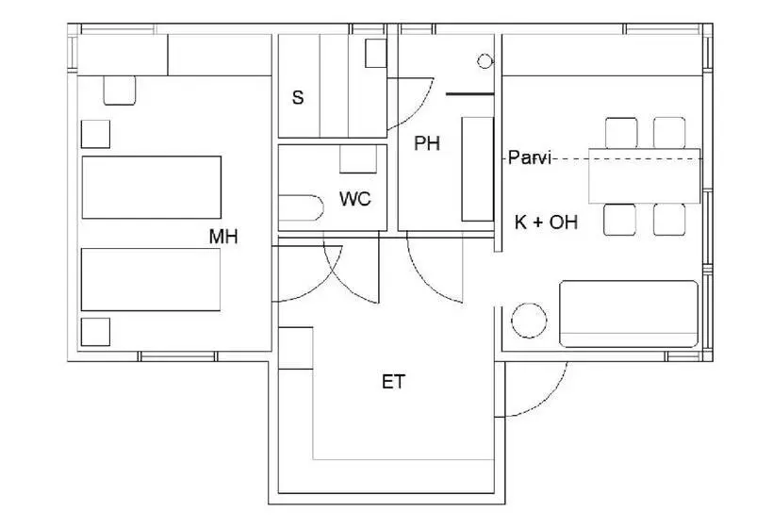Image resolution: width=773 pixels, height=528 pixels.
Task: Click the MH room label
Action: point(223,237)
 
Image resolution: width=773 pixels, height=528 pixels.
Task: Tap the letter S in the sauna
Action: point(298,98)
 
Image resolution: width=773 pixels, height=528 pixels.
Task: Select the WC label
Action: point(355,199)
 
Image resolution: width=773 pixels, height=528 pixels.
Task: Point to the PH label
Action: point(427,143)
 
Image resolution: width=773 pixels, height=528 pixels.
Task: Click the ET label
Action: point(393,382)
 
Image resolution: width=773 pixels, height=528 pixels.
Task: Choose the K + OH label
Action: point(546,223)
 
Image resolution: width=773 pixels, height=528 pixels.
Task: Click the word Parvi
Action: point(530,157)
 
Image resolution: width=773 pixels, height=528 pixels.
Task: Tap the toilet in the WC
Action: point(301,208)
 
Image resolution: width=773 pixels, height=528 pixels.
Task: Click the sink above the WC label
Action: point(358,158)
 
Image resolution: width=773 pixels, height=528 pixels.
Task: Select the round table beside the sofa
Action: point(529,321)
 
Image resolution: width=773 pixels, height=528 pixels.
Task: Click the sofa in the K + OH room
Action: point(629,314)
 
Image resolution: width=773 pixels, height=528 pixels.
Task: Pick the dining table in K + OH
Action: point(645,175)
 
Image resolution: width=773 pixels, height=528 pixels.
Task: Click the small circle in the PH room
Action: point(485,61)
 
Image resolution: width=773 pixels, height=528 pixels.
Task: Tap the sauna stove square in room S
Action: point(375,53)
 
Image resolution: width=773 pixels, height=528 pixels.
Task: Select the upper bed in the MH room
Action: point(152,188)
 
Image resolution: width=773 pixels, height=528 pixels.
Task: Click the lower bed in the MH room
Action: point(151,279)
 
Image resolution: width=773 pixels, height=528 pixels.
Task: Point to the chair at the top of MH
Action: point(120,91)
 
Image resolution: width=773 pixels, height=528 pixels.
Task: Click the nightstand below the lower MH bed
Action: point(95,332)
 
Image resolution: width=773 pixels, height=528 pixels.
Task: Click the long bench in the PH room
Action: point(478,169)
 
